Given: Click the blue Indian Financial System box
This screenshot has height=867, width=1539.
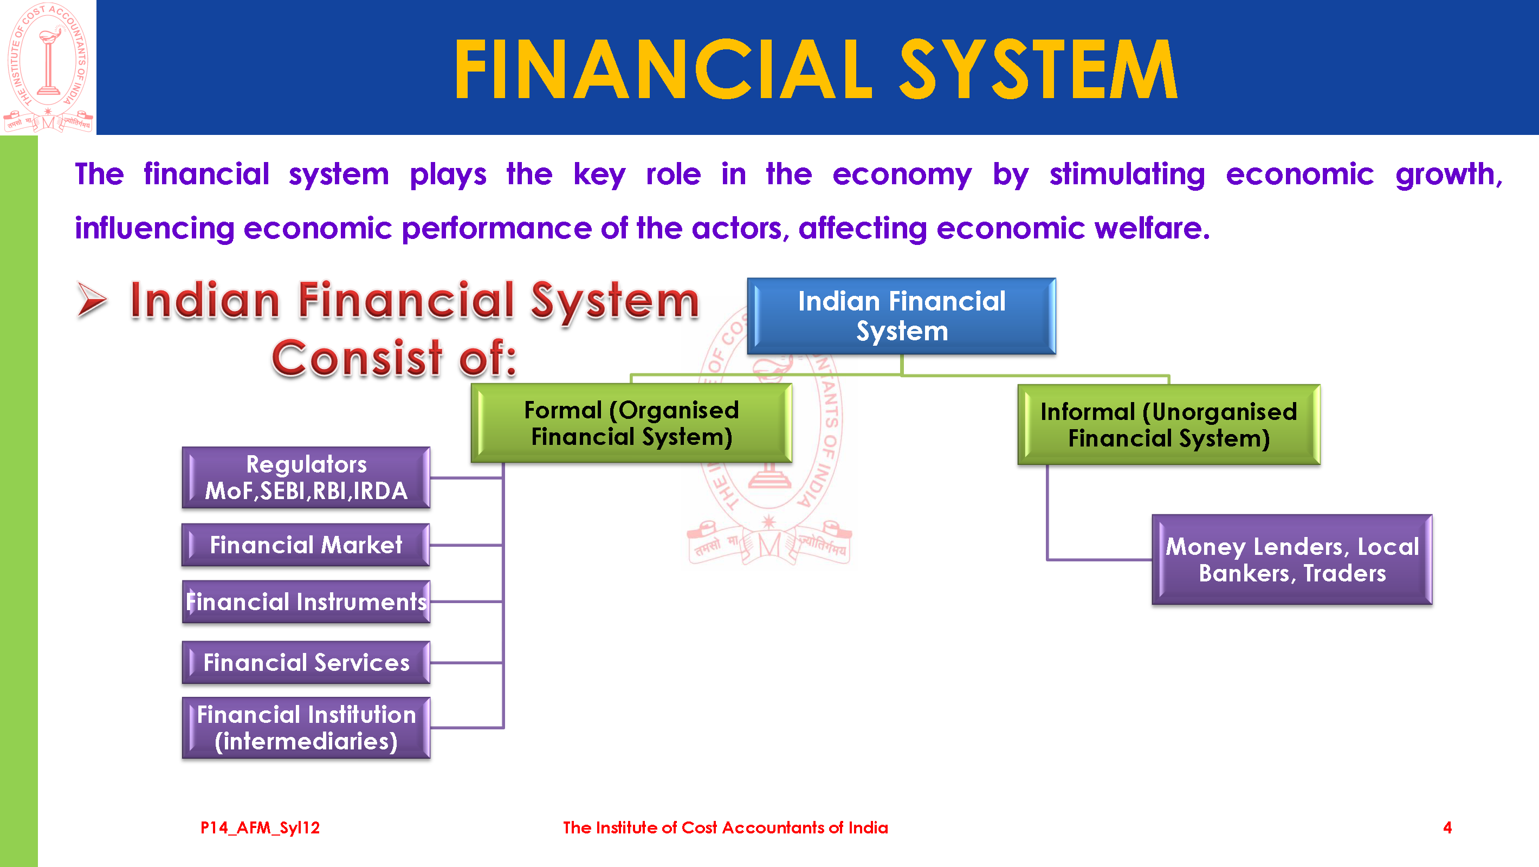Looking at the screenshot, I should pos(901,316).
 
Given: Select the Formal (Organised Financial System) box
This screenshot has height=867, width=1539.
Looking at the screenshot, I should pos(631,423).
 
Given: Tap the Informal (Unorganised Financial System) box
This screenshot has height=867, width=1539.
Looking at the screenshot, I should pos(1168,425).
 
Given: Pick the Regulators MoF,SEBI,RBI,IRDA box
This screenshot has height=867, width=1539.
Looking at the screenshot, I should pos(306,477).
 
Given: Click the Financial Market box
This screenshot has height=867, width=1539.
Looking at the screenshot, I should pos(306,545).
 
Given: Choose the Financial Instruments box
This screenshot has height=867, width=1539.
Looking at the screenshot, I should pos(306,601).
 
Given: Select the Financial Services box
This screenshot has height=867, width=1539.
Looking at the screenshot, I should pos(306,662).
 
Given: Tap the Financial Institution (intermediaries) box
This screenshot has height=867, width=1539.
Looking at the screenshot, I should pos(306,728).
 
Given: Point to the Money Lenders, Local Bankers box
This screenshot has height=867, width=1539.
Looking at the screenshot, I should pos(1292,560).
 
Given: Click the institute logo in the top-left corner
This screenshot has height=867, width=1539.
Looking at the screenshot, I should pos(48,67).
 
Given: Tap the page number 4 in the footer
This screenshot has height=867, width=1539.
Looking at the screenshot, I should pos(1447,827).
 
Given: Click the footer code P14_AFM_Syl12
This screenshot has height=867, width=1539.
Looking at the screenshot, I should pos(260,827).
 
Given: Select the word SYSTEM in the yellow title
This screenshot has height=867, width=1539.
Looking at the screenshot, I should pos(1038,69).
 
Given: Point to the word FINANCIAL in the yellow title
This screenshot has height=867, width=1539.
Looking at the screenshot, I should pos(663,69).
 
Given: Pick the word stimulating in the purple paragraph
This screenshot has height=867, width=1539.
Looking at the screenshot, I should pos(1127,174).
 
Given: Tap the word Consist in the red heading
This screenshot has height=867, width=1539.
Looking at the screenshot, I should pos(357,358).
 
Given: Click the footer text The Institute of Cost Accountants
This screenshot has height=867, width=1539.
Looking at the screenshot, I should pos(725,827).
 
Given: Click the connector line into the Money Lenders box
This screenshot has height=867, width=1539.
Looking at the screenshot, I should pos(1100,560).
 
